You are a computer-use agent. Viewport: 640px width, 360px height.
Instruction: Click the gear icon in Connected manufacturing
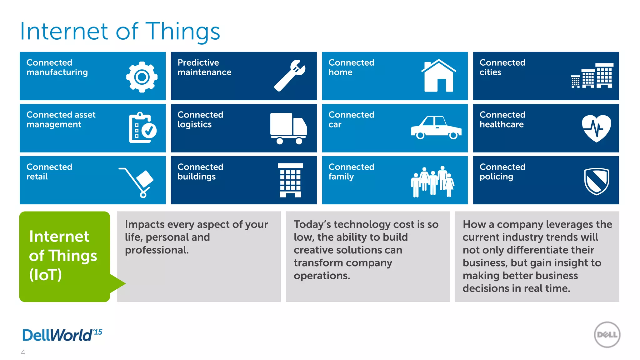coord(142,77)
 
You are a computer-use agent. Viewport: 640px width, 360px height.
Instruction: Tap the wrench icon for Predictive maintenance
coord(290,76)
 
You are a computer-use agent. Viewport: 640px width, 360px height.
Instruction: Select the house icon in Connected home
coord(438,76)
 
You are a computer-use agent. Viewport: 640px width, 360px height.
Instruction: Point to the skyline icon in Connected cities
coord(592,76)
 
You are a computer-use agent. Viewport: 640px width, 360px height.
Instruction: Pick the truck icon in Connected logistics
coord(288,128)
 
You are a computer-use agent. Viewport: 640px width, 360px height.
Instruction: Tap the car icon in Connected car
coord(436,128)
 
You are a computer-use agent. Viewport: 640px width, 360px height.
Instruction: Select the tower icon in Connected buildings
coord(290,180)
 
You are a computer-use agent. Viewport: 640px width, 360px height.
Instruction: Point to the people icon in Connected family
coord(432,181)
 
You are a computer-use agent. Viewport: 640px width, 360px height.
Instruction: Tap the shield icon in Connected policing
coord(597,181)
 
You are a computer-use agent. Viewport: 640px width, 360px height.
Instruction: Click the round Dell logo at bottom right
coord(607,335)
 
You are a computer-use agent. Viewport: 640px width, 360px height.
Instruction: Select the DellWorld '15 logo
coord(62,335)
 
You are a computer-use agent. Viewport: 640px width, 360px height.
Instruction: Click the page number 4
coord(23,352)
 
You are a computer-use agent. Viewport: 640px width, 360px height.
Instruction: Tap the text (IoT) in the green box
coord(46,275)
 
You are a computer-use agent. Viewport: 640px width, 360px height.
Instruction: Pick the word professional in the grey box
coord(157,250)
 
